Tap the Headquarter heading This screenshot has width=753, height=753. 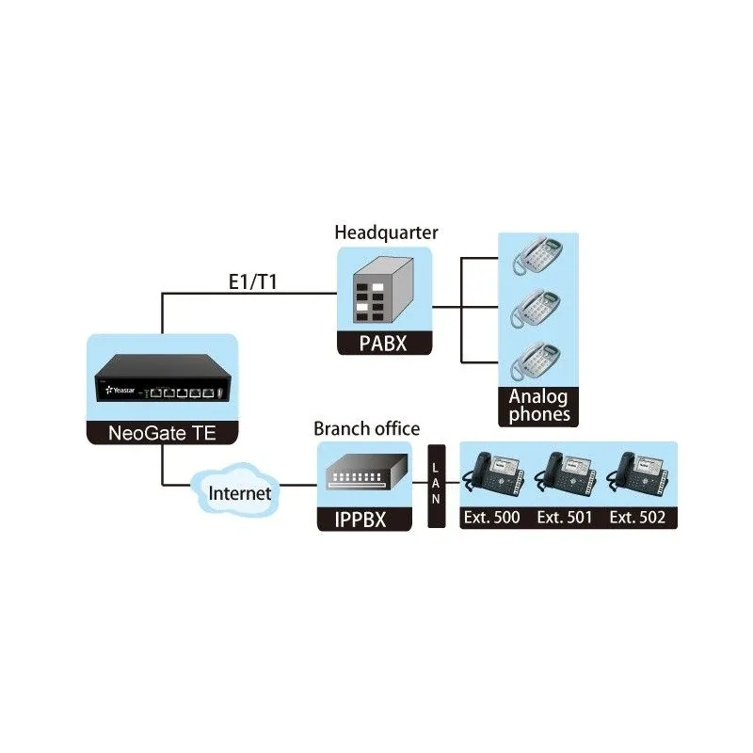click(x=386, y=232)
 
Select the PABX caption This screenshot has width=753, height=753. click(x=385, y=343)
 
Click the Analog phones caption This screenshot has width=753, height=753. click(x=538, y=406)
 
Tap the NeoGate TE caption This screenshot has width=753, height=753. click(x=161, y=435)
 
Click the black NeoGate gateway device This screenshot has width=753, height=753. click(x=161, y=387)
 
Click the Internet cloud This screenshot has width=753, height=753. click(x=239, y=492)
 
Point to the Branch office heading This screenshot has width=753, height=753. click(x=367, y=429)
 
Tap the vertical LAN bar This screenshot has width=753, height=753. click(x=436, y=486)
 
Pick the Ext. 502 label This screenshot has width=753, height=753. click(x=638, y=518)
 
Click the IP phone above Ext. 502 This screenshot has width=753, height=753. click(x=638, y=476)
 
